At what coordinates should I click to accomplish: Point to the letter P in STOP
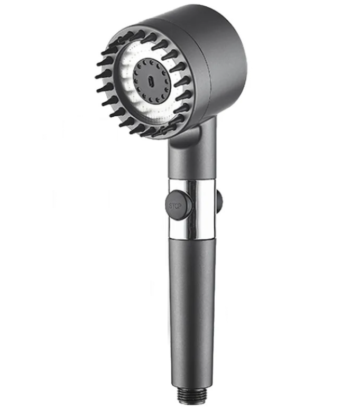click(x=180, y=206)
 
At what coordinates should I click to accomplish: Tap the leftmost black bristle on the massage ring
click(x=101, y=74)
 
